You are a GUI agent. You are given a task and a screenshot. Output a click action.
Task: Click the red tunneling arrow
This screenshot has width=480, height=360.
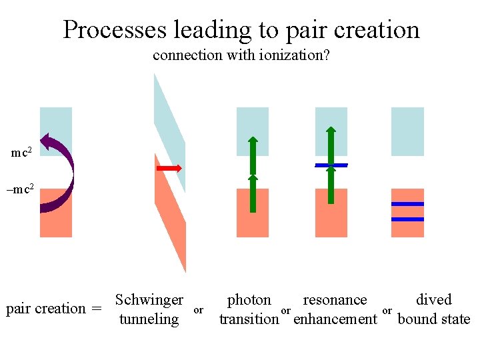(x=169, y=168)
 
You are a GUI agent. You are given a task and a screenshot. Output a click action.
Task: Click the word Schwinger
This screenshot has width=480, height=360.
(x=149, y=300)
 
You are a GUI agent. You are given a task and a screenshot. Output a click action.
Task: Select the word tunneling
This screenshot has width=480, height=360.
(x=149, y=319)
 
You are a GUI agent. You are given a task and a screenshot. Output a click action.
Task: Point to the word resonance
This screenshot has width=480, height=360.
(x=335, y=300)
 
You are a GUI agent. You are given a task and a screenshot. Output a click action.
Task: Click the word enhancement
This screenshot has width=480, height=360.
(x=335, y=319)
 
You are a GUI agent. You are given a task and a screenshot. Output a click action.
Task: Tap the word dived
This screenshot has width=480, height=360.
(x=434, y=300)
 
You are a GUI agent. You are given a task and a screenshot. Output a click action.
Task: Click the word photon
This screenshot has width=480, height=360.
(x=249, y=300)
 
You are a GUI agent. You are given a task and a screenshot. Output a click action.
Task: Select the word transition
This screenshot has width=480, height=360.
(x=249, y=319)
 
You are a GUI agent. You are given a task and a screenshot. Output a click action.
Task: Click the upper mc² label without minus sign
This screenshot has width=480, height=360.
(x=22, y=153)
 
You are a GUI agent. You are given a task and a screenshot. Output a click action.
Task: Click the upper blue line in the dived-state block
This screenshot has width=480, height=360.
(x=407, y=204)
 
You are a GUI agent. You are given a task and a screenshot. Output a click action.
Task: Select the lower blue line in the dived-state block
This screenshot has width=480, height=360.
(x=407, y=219)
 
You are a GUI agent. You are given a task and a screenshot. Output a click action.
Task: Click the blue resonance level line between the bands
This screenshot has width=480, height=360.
(x=331, y=165)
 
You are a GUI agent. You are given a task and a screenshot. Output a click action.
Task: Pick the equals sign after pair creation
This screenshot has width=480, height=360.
(x=97, y=309)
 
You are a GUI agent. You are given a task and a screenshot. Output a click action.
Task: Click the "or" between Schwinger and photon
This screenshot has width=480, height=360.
(x=198, y=310)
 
